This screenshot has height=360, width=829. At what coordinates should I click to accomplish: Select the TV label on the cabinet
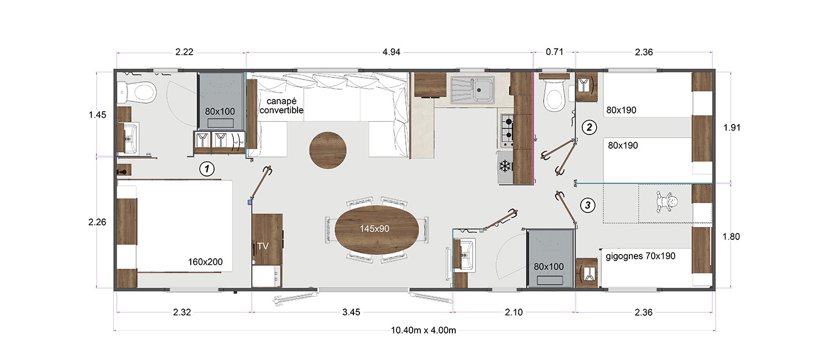pos(263,246)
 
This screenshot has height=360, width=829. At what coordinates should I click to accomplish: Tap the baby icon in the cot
pos(665,202)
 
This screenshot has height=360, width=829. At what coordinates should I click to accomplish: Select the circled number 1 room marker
pos(206,169)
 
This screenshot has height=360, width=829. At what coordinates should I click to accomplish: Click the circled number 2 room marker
pos(590,127)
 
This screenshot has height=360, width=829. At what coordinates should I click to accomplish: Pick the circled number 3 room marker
pos(588,206)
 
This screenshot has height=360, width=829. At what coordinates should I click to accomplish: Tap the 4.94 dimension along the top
pos(391,53)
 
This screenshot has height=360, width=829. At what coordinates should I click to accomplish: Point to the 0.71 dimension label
pos(554,53)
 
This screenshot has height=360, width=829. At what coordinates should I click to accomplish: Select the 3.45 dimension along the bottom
pos(351,312)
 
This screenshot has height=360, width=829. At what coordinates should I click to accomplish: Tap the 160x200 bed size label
pos(206,262)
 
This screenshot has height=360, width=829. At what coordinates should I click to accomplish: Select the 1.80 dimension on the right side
pos(731,237)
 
